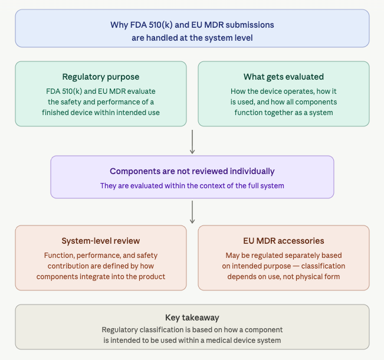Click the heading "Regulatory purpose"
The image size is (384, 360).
(101, 77)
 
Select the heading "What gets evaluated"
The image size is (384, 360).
(284, 77)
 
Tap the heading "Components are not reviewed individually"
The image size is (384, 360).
(192, 171)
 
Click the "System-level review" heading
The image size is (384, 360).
(101, 241)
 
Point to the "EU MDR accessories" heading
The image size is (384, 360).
(284, 241)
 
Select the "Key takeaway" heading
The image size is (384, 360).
(192, 318)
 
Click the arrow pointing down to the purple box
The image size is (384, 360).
(192, 142)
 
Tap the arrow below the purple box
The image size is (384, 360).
(192, 212)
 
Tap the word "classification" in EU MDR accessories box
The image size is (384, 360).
(323, 266)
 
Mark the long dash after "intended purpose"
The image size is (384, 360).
(296, 266)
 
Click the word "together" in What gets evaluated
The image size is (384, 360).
(268, 113)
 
